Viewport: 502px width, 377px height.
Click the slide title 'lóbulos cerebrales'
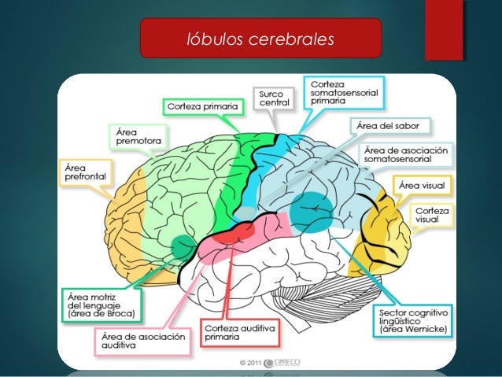pyautogui.click(x=260, y=39)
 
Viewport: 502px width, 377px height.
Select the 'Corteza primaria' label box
pyautogui.click(x=201, y=104)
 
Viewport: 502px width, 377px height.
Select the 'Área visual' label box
pyautogui.click(x=421, y=186)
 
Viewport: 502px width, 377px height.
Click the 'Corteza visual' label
pyautogui.click(x=430, y=216)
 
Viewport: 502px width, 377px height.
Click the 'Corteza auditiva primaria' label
pyautogui.click(x=238, y=332)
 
